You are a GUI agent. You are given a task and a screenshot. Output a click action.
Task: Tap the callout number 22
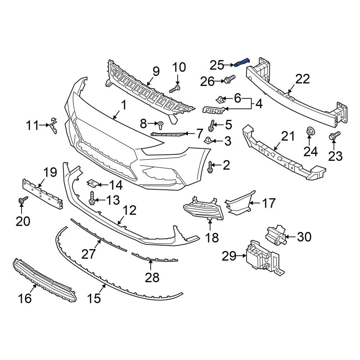(x=302, y=79)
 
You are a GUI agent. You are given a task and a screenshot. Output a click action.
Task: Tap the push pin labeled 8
(x=160, y=125)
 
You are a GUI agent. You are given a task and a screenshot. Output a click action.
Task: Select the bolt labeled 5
(x=211, y=126)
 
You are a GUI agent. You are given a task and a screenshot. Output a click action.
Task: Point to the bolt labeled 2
(x=211, y=166)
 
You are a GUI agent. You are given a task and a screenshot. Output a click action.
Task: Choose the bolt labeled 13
(x=93, y=198)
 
